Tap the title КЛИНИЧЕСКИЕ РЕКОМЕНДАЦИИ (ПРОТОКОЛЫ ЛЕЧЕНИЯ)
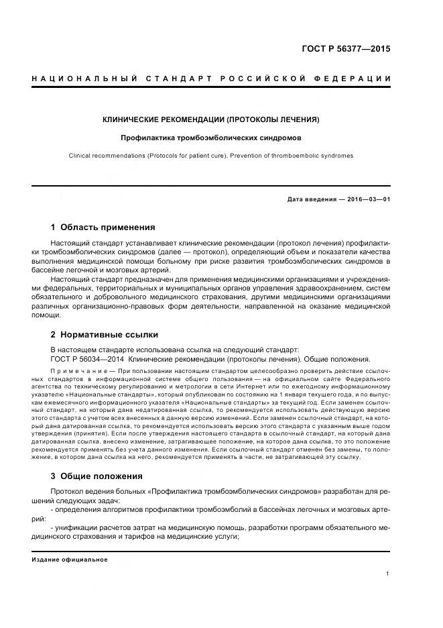210,119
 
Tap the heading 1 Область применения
103,227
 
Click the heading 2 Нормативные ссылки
105,333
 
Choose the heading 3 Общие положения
97,476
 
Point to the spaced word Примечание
79,371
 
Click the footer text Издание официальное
70,560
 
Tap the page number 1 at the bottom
389,574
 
